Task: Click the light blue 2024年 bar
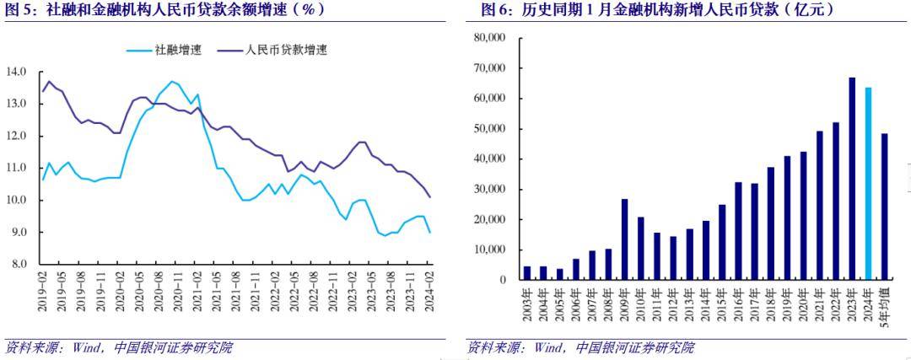869,184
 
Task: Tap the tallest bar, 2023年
852,179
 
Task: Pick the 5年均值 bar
885,207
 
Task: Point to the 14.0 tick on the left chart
18,72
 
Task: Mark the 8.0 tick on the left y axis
18,264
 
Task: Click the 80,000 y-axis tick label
489,38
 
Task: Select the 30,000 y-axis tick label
489,189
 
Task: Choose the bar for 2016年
738,231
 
